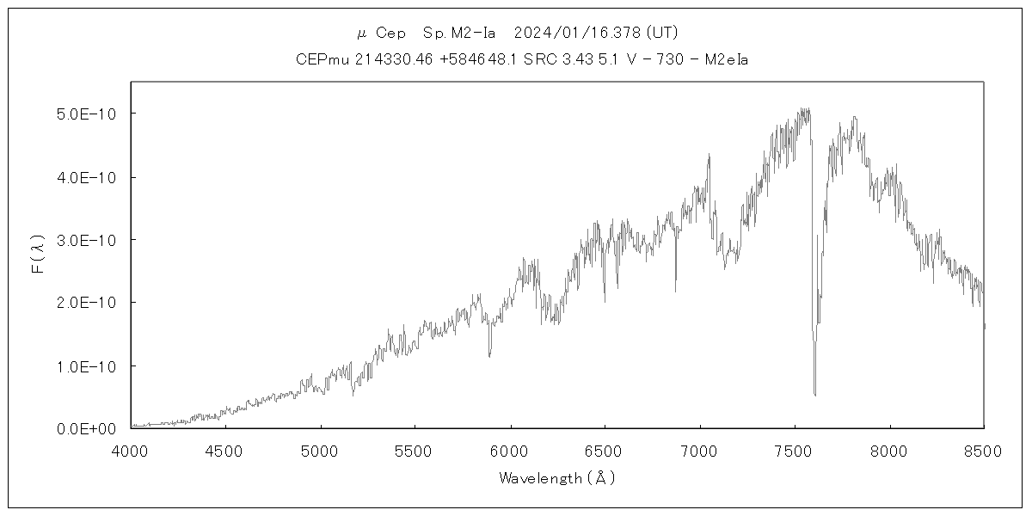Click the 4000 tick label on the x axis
point(131,451)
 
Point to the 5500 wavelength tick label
point(415,451)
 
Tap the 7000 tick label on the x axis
point(700,451)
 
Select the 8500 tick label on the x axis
point(984,451)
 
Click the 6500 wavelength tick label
point(605,451)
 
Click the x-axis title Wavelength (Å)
point(557,478)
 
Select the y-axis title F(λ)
point(38,255)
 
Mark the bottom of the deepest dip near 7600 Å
point(814,395)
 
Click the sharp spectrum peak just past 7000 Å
point(709,155)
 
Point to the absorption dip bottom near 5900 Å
point(490,355)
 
